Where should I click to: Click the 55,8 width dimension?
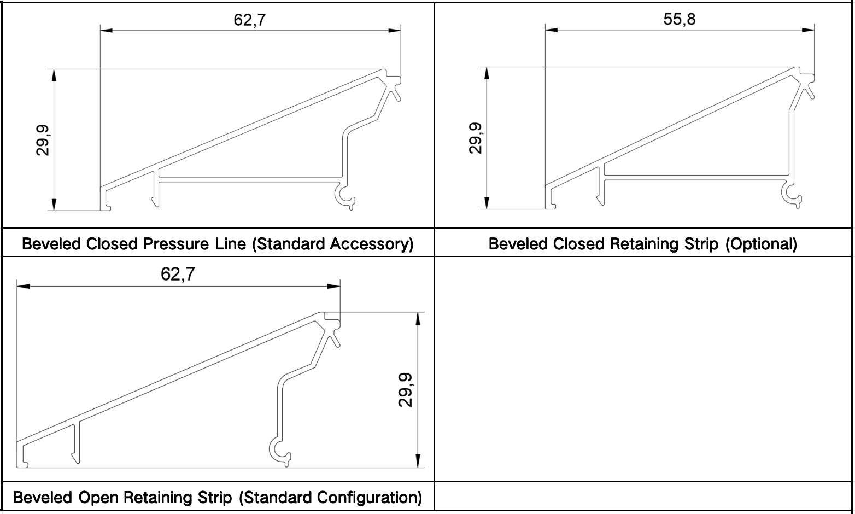(x=680, y=20)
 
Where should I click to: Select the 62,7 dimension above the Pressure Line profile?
(x=250, y=20)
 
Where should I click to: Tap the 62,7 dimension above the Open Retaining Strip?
(x=178, y=274)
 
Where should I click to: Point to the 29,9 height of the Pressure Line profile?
(x=43, y=140)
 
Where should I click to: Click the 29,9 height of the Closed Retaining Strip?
(x=476, y=138)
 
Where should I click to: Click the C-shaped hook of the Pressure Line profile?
(x=345, y=197)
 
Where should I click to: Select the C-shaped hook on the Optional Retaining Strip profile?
(x=792, y=194)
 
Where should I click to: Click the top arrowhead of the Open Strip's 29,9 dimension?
(x=418, y=318)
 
